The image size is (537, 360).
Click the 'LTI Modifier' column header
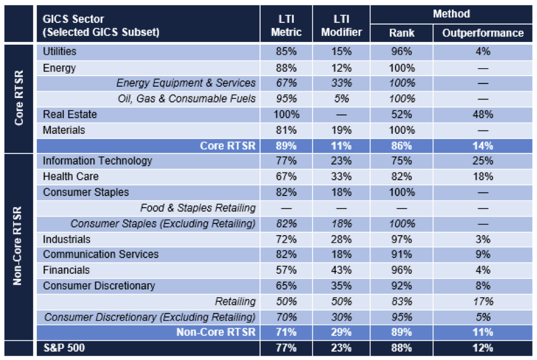coord(341,26)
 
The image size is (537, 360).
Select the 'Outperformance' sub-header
coord(483,33)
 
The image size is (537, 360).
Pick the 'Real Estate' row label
coord(70,115)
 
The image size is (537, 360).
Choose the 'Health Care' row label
coord(70,177)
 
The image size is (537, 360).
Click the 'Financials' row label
coord(67,270)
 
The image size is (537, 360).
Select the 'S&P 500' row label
coord(65,348)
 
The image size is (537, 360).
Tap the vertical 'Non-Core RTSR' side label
coord(18,246)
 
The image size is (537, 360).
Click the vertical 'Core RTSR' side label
coord(18,99)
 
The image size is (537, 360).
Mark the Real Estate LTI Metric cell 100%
coord(286,115)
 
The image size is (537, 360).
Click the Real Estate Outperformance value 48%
coord(483,115)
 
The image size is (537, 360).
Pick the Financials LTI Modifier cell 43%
coord(341,270)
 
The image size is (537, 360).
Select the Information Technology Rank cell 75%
coord(402,161)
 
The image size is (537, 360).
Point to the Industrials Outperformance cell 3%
coord(483,240)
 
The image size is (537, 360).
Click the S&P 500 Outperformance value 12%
coord(483,348)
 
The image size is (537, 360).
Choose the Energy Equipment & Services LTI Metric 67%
coord(286,83)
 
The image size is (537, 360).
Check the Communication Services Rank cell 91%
coord(402,255)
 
